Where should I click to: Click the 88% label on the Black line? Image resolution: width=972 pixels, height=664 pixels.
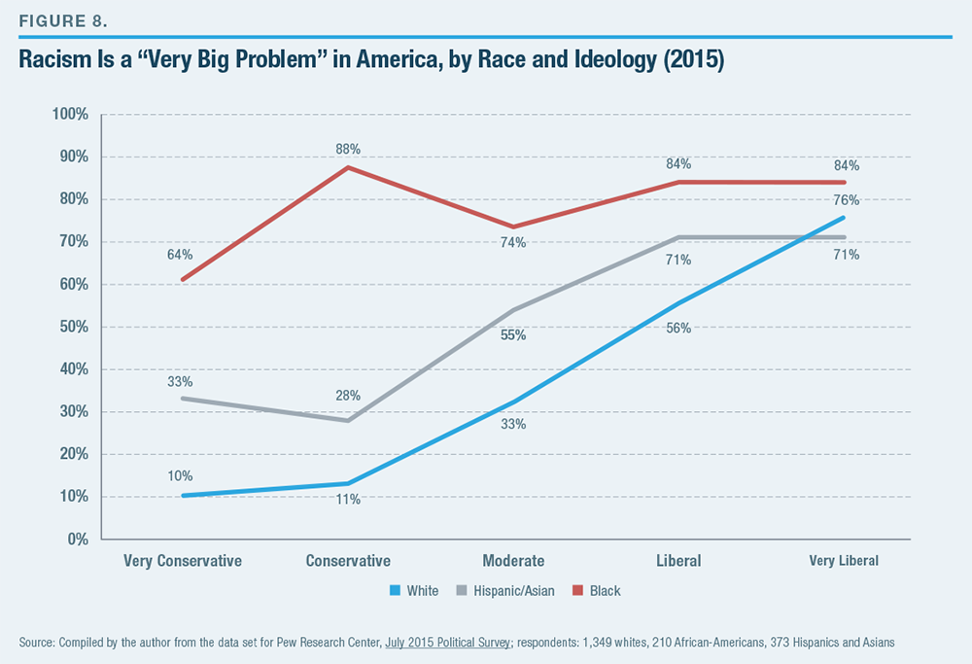click(x=349, y=149)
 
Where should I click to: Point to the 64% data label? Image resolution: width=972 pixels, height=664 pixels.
click(x=180, y=255)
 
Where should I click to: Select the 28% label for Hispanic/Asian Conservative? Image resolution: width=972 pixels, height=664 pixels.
click(x=349, y=396)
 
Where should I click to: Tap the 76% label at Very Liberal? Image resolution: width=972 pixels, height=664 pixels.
click(x=846, y=200)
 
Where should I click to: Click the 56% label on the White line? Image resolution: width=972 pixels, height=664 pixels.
click(x=678, y=328)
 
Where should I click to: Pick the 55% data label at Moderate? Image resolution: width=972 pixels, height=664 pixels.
click(x=513, y=335)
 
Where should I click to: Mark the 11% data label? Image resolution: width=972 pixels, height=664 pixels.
click(x=349, y=499)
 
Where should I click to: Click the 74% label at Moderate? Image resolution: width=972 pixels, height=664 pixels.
click(x=513, y=242)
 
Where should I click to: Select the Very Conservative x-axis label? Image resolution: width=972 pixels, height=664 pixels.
click(x=183, y=561)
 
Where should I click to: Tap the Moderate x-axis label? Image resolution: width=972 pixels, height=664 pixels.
click(x=513, y=561)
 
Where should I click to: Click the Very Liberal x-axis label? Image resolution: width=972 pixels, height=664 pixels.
click(x=844, y=561)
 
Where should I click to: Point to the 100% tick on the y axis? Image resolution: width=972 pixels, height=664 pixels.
click(x=70, y=115)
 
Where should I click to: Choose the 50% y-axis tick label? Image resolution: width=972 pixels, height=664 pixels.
click(x=74, y=327)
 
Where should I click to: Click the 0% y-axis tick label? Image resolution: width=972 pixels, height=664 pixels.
click(x=78, y=539)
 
